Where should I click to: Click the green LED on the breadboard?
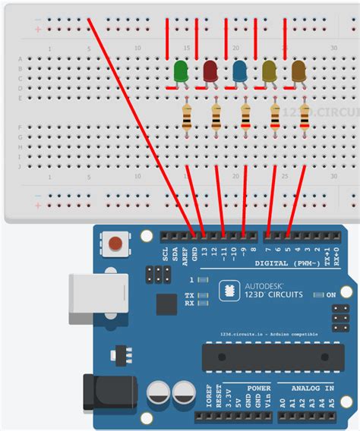tap(182, 71)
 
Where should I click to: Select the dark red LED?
tap(210, 71)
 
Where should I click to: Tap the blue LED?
tap(240, 71)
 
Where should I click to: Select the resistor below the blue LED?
tap(245, 118)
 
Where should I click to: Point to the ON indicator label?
tap(331, 294)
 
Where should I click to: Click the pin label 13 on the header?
tap(204, 252)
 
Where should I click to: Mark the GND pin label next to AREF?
tap(194, 252)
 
